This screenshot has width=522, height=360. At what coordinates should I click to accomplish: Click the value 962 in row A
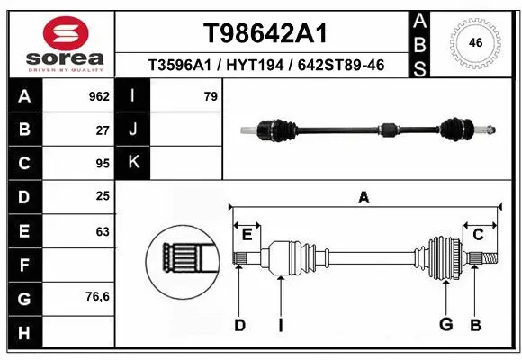(x=98, y=94)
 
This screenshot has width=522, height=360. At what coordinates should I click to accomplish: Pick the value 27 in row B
(x=103, y=129)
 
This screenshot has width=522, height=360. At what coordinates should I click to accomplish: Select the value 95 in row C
(x=103, y=163)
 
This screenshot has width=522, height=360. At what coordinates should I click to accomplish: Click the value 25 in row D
(x=103, y=196)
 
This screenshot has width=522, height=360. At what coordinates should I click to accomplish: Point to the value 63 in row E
(x=103, y=231)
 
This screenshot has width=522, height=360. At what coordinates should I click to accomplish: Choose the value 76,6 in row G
(x=98, y=297)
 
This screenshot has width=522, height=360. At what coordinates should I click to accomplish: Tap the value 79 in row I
(x=211, y=94)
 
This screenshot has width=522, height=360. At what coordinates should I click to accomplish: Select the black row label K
(x=133, y=163)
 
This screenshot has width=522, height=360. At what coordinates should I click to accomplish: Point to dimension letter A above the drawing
(x=364, y=198)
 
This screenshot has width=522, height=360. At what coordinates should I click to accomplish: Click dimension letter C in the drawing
(x=478, y=235)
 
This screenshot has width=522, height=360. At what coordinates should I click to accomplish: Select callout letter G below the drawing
(x=445, y=324)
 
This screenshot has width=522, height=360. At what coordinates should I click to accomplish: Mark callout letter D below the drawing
(x=239, y=325)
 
